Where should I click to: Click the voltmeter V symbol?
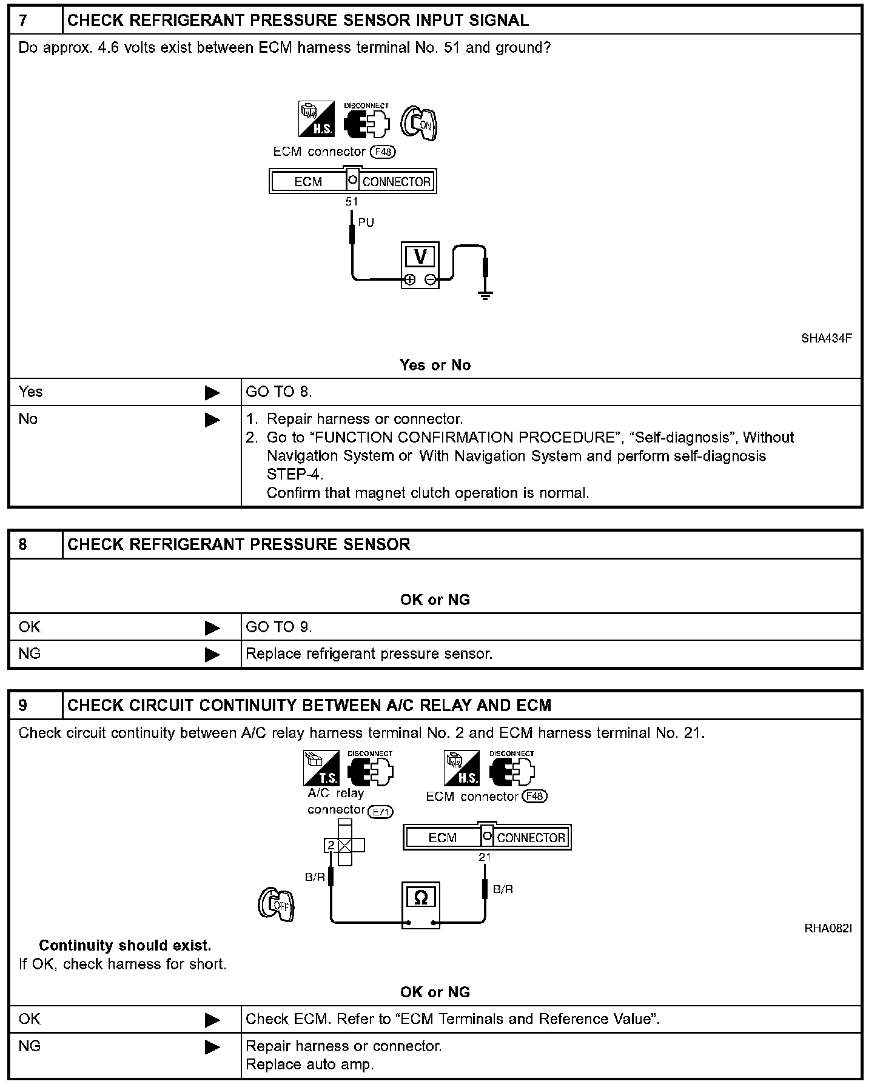coord(420,257)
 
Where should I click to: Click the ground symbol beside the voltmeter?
coord(485,295)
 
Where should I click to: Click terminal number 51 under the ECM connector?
coord(352,202)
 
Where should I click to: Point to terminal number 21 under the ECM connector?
coord(485,857)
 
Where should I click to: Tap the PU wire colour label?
coord(366,222)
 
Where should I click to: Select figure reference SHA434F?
coord(826,338)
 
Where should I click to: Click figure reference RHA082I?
coord(828,928)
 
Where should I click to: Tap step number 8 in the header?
coord(23,544)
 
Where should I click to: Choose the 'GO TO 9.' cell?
coord(279,627)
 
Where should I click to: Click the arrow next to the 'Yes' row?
coord(212,393)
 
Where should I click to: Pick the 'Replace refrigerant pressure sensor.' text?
coord(369,654)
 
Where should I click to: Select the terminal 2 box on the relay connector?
coord(331,845)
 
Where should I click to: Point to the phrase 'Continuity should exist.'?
coord(125,946)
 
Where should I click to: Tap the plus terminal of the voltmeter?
coord(410,279)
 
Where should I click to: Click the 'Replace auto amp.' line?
coord(309,1064)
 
